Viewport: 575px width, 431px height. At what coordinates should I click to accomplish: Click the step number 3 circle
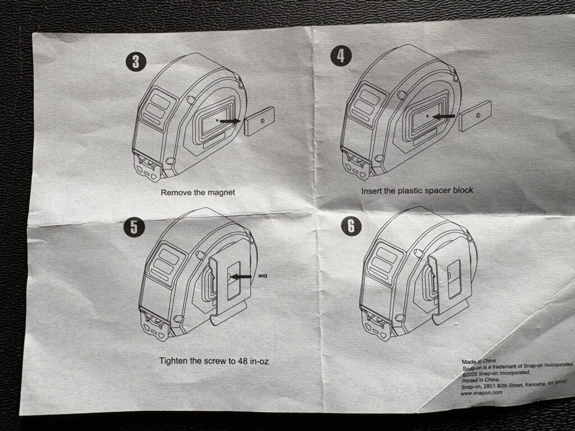[136, 62]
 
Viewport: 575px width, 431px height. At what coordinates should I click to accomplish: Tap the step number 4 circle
[341, 56]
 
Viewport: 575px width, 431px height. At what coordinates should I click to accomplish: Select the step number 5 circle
[134, 227]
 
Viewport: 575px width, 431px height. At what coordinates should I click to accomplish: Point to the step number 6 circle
[352, 226]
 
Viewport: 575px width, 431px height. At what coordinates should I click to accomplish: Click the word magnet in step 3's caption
[221, 192]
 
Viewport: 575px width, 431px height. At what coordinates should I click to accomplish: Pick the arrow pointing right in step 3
[230, 121]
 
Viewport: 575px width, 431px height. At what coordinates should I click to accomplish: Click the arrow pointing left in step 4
[444, 117]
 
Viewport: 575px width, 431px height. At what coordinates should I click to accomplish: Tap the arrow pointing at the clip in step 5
[240, 277]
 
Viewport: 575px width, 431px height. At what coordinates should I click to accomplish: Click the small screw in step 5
[263, 276]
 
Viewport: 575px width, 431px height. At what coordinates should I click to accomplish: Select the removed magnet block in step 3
[259, 121]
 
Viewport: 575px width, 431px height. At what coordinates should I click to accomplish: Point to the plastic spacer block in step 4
[475, 116]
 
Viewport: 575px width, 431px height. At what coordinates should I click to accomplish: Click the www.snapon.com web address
[481, 392]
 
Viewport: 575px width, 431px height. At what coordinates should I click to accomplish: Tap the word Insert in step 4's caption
[372, 191]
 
